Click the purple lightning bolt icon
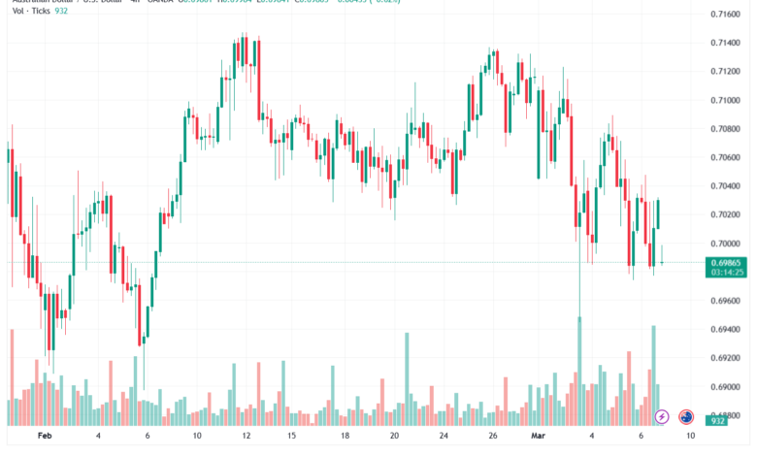click(x=662, y=416)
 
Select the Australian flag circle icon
click(x=686, y=416)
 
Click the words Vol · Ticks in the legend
click(x=30, y=10)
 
